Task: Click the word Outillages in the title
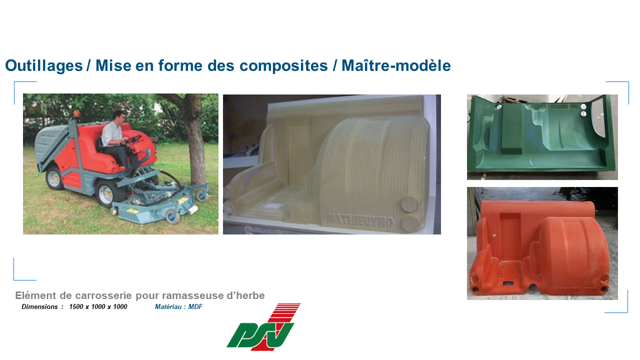[44, 66]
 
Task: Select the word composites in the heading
[283, 66]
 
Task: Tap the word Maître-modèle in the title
[396, 65]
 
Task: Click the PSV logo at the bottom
[263, 327]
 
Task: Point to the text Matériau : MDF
[178, 307]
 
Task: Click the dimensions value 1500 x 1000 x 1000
[98, 307]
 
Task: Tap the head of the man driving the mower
[119, 117]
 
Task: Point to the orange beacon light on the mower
[76, 114]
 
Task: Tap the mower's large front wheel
[107, 192]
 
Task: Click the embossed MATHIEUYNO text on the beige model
[360, 220]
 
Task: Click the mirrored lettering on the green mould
[564, 107]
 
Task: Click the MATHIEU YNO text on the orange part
[575, 290]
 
